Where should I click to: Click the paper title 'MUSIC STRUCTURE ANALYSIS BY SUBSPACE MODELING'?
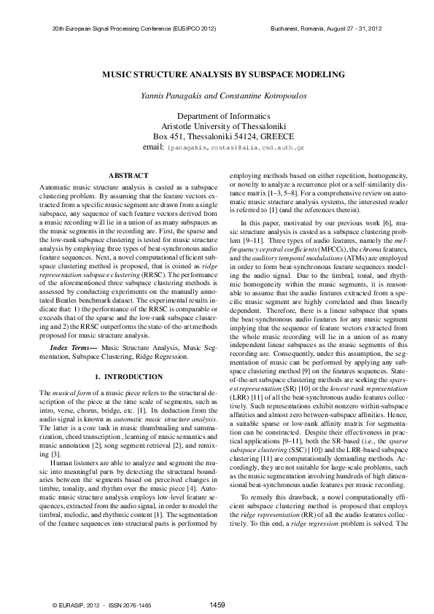(x=217, y=75)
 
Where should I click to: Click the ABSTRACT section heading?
(x=128, y=175)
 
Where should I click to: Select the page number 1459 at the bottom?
(x=217, y=605)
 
